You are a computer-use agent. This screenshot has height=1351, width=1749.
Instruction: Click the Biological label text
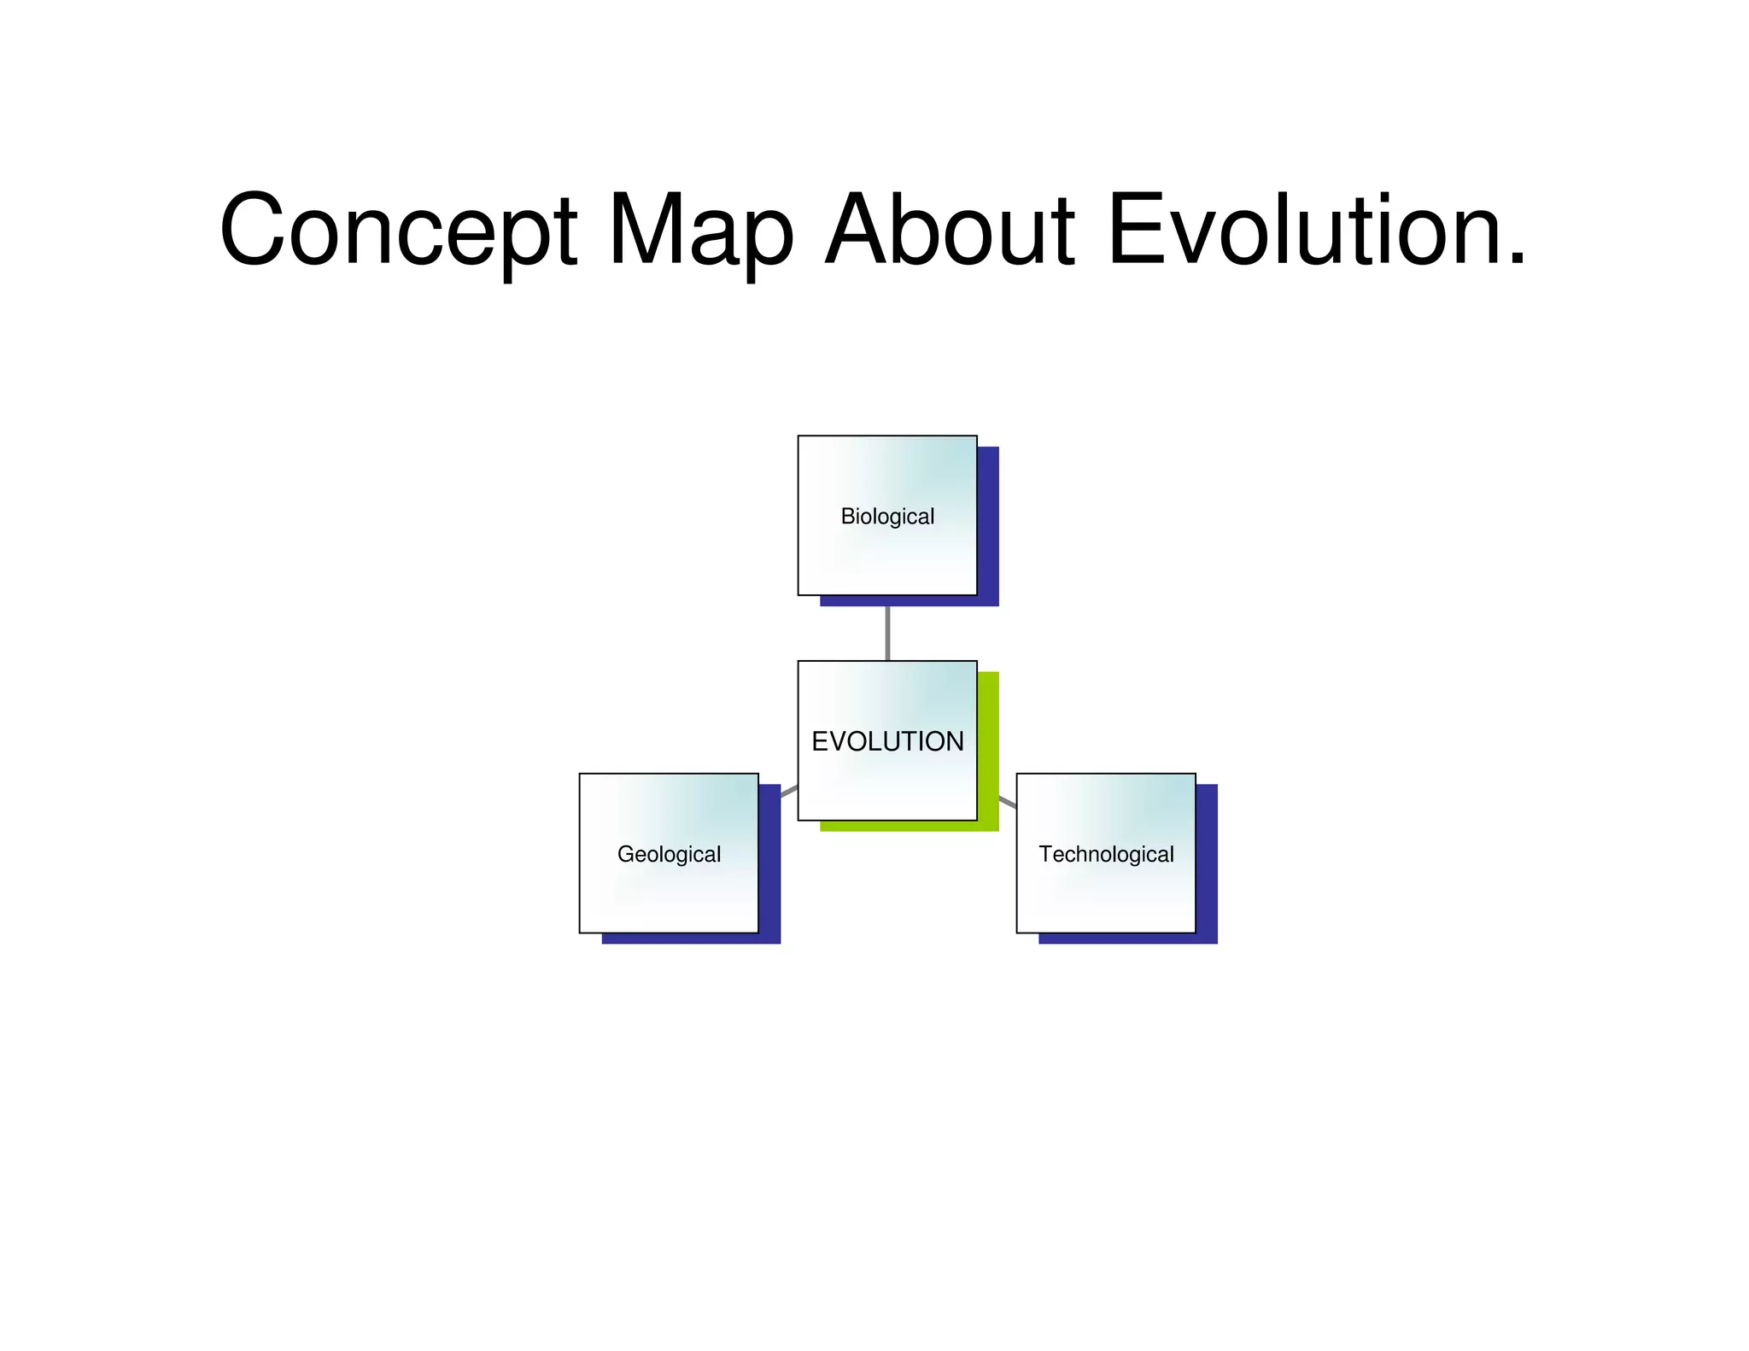[887, 517]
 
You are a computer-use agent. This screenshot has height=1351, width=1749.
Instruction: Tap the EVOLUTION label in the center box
[887, 741]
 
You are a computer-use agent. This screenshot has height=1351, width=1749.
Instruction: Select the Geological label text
[669, 854]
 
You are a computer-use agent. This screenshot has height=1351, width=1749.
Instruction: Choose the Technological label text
[1106, 854]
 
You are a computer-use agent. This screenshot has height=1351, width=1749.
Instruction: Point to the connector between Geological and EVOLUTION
[789, 791]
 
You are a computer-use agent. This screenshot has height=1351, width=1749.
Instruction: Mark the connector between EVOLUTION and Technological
[1008, 803]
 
